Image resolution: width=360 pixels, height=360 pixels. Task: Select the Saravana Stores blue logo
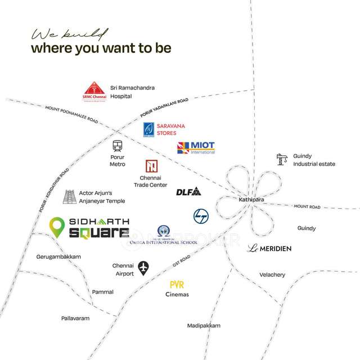click(148, 129)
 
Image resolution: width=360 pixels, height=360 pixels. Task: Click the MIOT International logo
click(196, 148)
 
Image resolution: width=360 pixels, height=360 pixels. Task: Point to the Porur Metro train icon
click(117, 146)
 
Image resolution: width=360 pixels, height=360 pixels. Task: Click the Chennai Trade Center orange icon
click(150, 166)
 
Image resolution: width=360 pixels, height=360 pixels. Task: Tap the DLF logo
click(188, 191)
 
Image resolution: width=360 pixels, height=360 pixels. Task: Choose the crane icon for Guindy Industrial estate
click(282, 159)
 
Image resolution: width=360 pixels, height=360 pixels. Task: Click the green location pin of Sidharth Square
click(56, 227)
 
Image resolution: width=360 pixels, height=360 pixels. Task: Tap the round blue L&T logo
click(201, 216)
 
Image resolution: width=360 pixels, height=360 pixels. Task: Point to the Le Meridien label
click(271, 248)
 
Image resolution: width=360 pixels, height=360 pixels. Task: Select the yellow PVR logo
click(177, 285)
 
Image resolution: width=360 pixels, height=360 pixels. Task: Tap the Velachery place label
click(272, 274)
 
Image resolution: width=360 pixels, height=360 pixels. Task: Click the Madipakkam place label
click(204, 326)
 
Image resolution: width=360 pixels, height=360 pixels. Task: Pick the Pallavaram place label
click(75, 318)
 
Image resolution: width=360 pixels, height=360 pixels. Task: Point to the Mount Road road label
click(307, 207)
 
